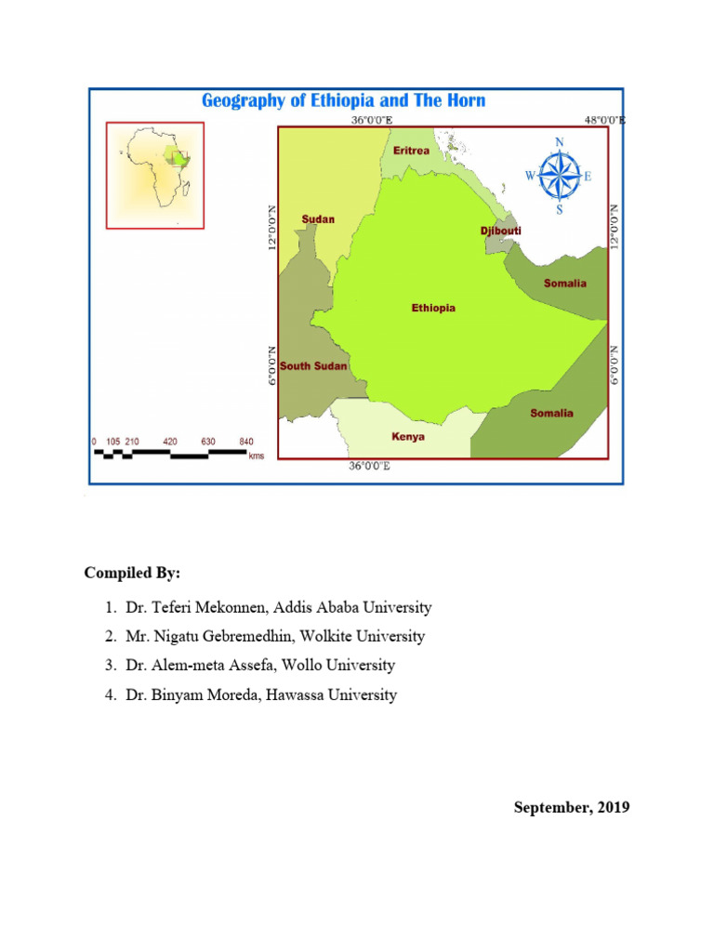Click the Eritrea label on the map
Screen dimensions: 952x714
click(x=411, y=151)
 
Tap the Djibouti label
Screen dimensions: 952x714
click(x=501, y=230)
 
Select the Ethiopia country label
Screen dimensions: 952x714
click(x=433, y=308)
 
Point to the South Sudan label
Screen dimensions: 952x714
click(x=313, y=366)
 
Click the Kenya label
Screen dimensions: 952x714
click(x=409, y=436)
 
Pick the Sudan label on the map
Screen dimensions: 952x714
click(x=318, y=219)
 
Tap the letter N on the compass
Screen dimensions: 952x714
click(x=559, y=142)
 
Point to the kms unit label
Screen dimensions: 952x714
click(x=257, y=456)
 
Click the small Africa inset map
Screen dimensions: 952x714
click(x=155, y=175)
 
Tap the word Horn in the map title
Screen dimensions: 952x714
click(x=464, y=100)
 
